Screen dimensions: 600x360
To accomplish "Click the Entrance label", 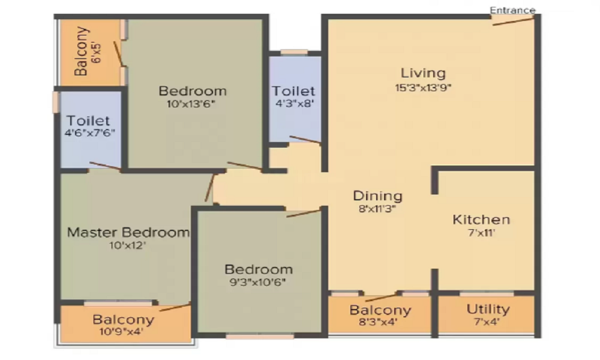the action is [512, 10].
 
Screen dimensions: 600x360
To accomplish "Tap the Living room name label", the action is [423, 73].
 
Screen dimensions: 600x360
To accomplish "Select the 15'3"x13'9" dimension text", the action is [423, 88].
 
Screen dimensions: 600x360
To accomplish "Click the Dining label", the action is [377, 196].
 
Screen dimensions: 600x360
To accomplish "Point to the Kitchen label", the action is [481, 220].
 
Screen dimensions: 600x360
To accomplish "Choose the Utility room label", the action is [488, 309].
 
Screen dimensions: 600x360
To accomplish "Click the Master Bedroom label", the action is [128, 232].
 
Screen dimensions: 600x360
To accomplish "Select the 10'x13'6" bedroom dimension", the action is [191, 104].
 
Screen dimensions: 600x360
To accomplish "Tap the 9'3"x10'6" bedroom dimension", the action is [258, 283].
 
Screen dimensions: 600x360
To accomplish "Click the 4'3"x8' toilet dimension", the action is [295, 103].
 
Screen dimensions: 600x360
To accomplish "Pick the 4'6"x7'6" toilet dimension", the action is [90, 133].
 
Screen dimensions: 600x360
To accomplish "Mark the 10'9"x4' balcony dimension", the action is [121, 331].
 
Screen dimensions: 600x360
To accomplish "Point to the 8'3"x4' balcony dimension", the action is [378, 322].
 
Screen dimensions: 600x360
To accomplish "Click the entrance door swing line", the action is [513, 22].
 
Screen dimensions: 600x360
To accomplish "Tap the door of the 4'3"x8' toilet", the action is [305, 140].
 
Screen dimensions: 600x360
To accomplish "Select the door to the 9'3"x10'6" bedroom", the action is [304, 214].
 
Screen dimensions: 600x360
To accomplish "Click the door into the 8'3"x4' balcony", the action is [381, 297].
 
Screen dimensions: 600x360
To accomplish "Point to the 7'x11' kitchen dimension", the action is [481, 233].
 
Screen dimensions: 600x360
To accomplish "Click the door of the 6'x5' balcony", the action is [118, 54].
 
